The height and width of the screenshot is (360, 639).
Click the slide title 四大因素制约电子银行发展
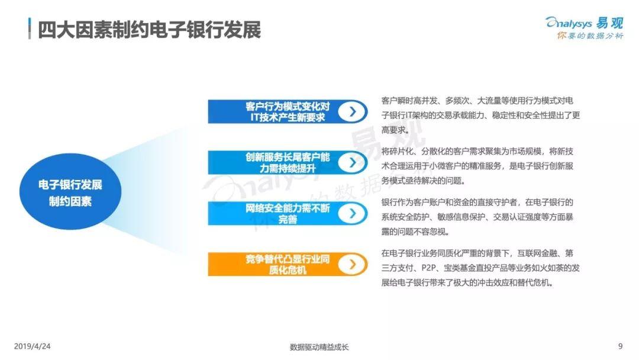click(149, 30)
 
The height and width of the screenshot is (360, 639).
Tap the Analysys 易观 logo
click(585, 28)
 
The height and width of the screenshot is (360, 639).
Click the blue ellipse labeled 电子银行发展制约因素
click(70, 192)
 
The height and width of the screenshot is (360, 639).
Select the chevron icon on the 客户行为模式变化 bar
click(352, 111)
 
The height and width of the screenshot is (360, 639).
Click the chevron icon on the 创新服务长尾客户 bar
click(352, 162)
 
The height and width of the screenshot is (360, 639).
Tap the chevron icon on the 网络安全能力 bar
click(352, 213)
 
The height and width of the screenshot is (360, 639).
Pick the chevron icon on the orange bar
click(352, 264)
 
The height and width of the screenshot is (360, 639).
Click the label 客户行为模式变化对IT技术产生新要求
click(288, 112)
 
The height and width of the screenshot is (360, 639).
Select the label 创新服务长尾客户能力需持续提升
click(288, 163)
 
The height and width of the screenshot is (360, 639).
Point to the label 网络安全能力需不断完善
click(288, 214)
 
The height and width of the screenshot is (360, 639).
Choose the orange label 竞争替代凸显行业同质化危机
click(288, 265)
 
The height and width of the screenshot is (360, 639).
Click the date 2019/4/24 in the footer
click(32, 346)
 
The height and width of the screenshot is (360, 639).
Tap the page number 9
click(620, 346)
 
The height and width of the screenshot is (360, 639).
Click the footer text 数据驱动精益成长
click(319, 347)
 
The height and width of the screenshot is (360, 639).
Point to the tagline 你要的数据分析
click(590, 36)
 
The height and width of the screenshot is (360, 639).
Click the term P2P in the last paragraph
click(430, 268)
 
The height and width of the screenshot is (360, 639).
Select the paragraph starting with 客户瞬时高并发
click(480, 115)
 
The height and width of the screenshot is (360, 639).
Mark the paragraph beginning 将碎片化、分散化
click(477, 166)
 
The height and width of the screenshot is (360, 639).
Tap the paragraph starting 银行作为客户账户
click(477, 217)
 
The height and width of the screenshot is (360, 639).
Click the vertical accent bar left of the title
click(30, 28)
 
